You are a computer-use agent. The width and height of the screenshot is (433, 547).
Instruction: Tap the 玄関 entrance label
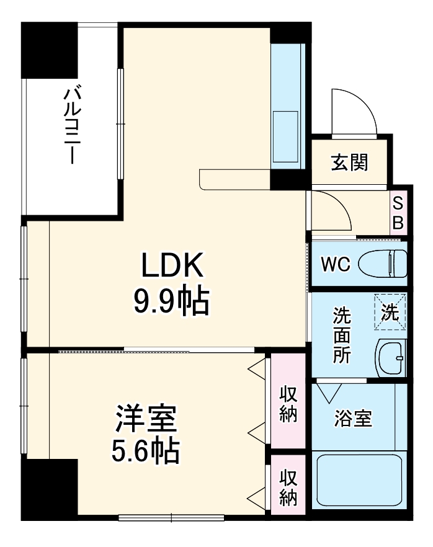click(349, 162)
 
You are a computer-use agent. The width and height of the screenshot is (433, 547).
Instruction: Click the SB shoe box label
click(398, 213)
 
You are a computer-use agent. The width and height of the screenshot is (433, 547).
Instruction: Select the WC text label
click(335, 264)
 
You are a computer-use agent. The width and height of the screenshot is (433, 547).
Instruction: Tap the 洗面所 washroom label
click(342, 335)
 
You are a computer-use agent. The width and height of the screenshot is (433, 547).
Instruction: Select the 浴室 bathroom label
click(353, 419)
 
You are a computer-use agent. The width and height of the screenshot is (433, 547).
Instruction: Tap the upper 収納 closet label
click(288, 404)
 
